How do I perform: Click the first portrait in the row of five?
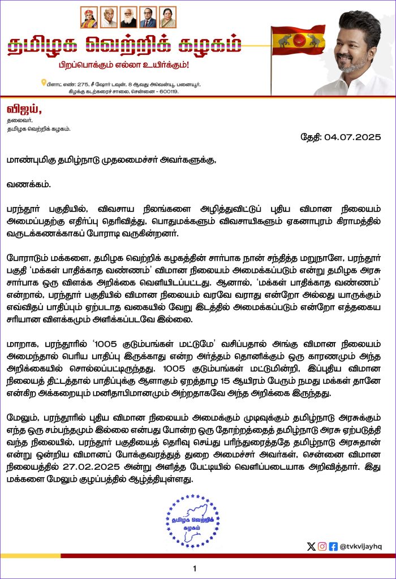(89, 17)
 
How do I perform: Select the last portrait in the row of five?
(167, 17)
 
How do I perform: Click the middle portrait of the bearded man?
(128, 17)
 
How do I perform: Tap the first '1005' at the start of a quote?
(92, 342)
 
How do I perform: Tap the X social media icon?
(310, 546)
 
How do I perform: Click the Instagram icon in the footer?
(322, 546)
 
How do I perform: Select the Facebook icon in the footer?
(333, 546)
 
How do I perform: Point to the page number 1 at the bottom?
(195, 569)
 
